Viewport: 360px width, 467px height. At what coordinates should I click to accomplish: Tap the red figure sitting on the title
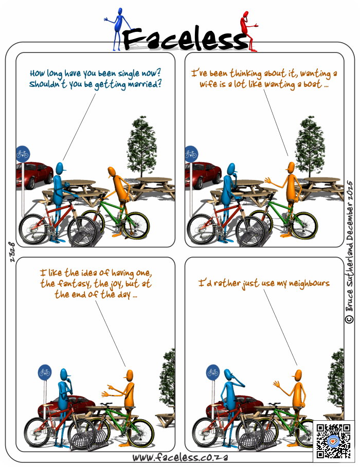[x=248, y=31]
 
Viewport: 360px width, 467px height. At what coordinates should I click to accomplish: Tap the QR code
[x=333, y=441]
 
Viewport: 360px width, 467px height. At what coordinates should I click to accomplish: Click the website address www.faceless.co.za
[x=180, y=457]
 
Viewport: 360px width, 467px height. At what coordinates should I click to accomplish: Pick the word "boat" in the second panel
[x=312, y=84]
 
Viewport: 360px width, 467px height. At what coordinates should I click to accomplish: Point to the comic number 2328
[x=12, y=252]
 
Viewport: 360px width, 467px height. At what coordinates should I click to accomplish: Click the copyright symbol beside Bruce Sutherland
[x=349, y=319]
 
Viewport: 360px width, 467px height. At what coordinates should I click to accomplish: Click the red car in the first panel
[x=34, y=175]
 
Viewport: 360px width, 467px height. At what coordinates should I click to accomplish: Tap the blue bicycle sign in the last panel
[x=213, y=372]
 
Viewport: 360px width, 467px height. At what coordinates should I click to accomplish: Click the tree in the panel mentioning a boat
[x=310, y=147]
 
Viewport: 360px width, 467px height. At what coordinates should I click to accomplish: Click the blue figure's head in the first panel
[x=60, y=169]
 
